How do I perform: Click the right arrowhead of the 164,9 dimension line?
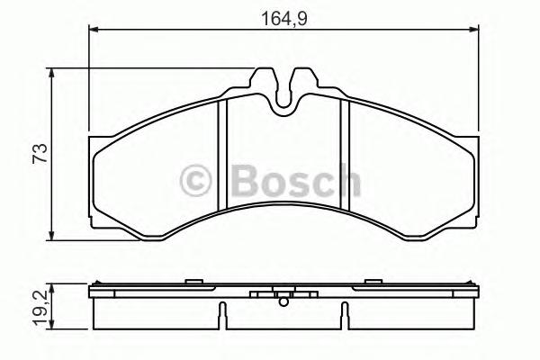click(474, 31)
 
